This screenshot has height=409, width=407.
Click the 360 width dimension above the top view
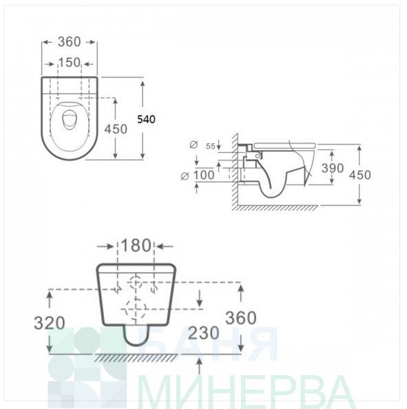[x=69, y=42]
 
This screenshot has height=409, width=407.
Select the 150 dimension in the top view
[x=69, y=63]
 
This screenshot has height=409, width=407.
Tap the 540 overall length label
[x=146, y=119]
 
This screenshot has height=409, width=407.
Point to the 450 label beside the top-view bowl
[x=116, y=129]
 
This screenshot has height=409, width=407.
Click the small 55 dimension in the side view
[x=211, y=147]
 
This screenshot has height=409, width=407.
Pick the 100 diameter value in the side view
[x=204, y=175]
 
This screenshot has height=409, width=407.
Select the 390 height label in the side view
[x=333, y=168]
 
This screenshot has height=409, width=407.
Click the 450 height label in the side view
[x=360, y=175]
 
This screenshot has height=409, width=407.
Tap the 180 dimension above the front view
[x=136, y=245]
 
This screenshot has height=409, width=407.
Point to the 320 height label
[x=50, y=323]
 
